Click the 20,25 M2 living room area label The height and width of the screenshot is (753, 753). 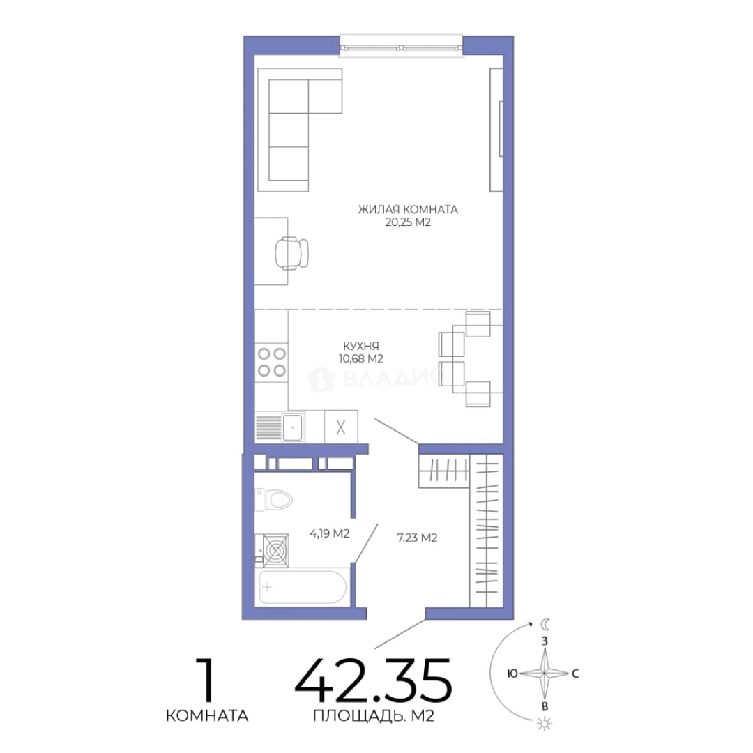point(408,222)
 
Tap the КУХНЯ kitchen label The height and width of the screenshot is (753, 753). point(360,346)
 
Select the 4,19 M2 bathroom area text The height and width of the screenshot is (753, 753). point(329,533)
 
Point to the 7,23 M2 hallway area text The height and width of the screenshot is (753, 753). point(417,538)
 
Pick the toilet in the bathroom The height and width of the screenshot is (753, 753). point(274,500)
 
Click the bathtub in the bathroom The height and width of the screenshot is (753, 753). point(303,587)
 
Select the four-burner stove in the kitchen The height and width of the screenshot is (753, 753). point(272,362)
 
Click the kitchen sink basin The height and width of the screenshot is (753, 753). point(292,427)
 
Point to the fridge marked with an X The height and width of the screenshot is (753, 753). point(341,427)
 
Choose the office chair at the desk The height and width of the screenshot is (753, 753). point(291,253)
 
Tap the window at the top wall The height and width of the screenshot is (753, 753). point(402,48)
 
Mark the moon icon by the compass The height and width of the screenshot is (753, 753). point(545,624)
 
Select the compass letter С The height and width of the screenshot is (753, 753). point(575,674)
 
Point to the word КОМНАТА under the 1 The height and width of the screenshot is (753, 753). point(207,715)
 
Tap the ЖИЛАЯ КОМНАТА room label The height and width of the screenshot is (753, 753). point(408,209)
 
